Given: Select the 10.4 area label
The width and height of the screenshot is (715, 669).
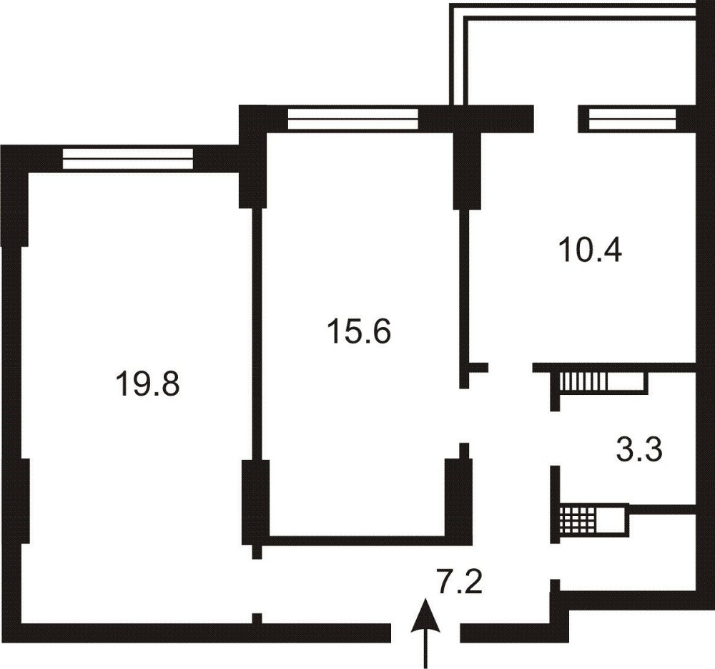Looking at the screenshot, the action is (592, 250).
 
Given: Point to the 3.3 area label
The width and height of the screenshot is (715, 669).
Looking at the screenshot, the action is (638, 450).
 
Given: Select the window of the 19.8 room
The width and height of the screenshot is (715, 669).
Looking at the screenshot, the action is (128, 158).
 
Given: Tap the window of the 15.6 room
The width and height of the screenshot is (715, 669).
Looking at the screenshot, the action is (353, 119).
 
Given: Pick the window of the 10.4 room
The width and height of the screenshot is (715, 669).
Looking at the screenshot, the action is (631, 119).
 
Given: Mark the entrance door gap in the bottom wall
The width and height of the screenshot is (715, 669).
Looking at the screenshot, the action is (425, 633).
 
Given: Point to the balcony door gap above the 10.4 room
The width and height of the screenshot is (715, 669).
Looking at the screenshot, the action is (556, 119).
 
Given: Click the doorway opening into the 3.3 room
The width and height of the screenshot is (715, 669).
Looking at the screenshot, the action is (555, 439).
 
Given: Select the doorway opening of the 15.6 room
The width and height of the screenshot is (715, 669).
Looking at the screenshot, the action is (464, 416).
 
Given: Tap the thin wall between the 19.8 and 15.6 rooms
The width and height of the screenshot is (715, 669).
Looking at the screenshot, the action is (257, 334).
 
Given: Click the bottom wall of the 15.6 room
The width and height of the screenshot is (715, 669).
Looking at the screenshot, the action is (357, 540).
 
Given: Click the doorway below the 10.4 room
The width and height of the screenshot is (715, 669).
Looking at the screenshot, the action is (511, 367).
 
